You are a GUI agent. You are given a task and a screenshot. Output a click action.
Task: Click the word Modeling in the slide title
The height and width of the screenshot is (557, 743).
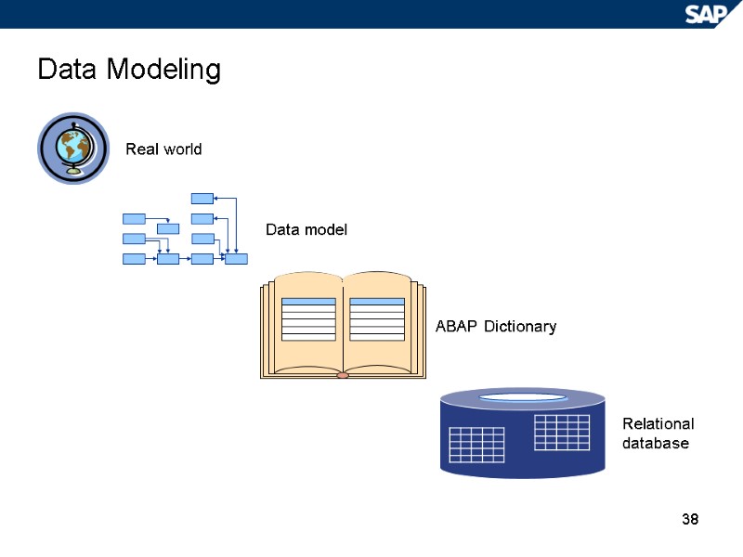click(x=163, y=70)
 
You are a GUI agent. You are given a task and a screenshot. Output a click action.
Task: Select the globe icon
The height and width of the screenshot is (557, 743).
click(x=73, y=149)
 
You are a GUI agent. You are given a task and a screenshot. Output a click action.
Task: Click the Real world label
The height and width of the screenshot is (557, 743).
click(x=163, y=149)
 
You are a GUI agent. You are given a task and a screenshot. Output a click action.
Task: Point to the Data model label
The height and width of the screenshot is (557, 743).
click(x=306, y=229)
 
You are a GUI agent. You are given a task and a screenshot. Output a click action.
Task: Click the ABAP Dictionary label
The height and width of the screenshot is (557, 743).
click(x=496, y=327)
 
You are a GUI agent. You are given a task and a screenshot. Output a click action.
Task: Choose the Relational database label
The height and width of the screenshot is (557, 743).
click(x=658, y=434)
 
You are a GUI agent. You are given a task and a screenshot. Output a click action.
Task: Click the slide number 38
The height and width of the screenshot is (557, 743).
click(x=689, y=518)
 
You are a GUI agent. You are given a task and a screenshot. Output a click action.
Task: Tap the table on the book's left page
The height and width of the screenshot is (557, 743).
click(x=307, y=319)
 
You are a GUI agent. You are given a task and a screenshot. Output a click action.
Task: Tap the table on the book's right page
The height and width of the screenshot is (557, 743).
click(x=377, y=319)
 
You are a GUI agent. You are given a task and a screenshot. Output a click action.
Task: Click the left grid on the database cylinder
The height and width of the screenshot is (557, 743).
click(x=476, y=445)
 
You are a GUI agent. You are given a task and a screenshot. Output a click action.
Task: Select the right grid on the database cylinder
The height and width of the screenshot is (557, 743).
click(x=562, y=433)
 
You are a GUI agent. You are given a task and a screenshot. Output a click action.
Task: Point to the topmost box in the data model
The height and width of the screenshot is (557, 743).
click(x=202, y=198)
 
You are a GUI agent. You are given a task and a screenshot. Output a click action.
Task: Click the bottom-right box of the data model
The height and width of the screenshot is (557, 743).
click(x=236, y=259)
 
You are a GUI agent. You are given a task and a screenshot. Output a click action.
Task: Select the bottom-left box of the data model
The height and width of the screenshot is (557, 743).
click(x=134, y=259)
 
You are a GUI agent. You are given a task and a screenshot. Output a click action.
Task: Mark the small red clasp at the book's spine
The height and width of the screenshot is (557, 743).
click(x=343, y=375)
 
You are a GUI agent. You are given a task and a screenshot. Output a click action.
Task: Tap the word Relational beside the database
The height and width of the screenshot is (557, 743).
click(x=658, y=424)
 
